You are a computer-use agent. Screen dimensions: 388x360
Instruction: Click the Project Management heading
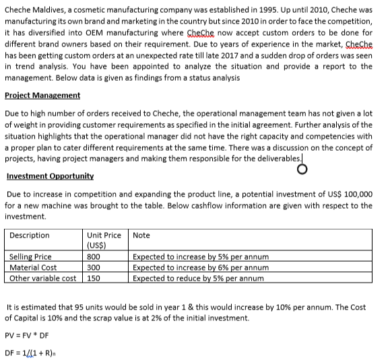click(42, 95)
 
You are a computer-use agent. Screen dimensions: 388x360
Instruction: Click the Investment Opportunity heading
click(50, 176)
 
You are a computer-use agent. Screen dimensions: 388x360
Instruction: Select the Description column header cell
click(30, 236)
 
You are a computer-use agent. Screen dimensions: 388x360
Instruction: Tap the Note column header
click(141, 236)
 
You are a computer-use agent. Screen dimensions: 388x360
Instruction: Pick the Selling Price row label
click(30, 257)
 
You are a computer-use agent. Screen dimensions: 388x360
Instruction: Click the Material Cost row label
click(33, 268)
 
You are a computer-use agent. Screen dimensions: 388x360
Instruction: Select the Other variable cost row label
click(42, 278)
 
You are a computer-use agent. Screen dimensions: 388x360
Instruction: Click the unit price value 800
click(94, 257)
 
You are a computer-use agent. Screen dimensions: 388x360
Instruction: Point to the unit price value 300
click(94, 268)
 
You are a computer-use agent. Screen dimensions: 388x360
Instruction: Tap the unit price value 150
click(94, 278)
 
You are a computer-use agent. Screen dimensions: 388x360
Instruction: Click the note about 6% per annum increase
click(201, 268)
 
